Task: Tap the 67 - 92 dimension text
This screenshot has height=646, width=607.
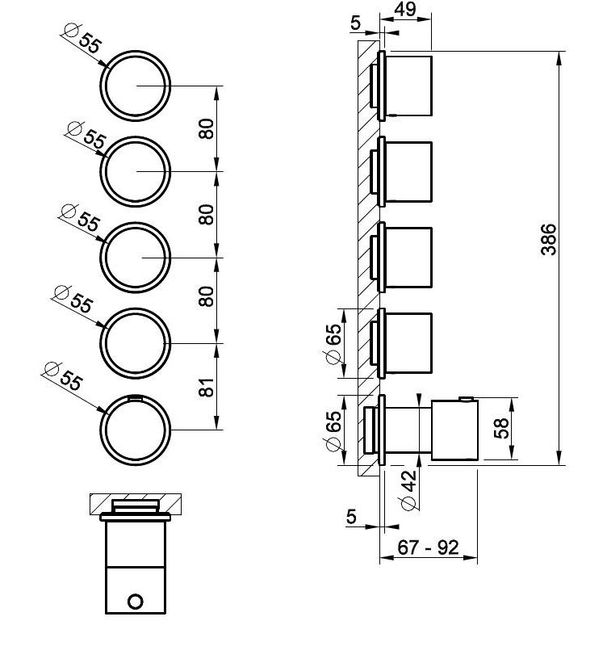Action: (428, 547)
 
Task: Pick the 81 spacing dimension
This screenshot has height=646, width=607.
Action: (207, 387)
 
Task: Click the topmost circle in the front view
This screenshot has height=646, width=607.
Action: (136, 85)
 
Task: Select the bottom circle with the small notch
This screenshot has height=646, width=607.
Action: (136, 430)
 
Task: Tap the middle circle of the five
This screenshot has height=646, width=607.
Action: (136, 257)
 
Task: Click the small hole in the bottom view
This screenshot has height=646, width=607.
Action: (136, 601)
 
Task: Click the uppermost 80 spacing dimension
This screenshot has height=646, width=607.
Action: (207, 129)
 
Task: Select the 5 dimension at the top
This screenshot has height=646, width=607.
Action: (356, 23)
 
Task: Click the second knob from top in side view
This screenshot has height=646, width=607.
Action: (408, 171)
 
